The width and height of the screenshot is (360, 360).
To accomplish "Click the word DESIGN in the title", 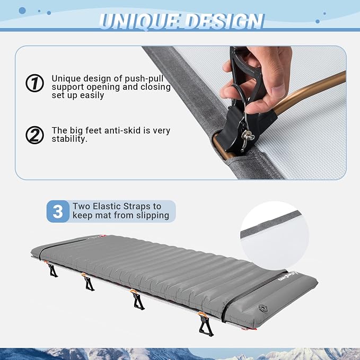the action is (224, 21).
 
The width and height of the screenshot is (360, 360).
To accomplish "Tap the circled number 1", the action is (34, 83).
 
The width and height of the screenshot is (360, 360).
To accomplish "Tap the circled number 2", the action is (34, 135).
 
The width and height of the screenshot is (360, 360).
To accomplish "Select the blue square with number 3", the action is (58, 211).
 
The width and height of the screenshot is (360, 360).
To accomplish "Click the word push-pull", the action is (144, 78).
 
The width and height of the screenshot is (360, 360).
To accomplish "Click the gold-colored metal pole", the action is (310, 92).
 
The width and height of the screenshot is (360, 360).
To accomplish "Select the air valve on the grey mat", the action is (263, 308).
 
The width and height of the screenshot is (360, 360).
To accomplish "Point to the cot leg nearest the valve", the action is (205, 324).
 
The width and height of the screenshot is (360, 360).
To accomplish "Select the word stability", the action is (69, 139).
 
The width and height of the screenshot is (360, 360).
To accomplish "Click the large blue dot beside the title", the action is (22, 10).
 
